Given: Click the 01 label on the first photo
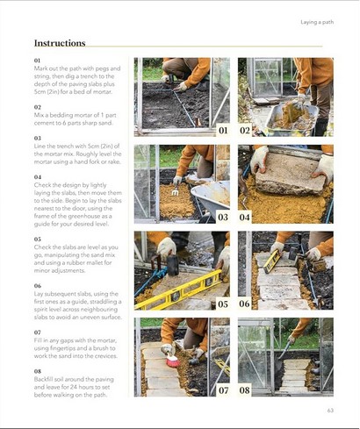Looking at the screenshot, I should [223, 131].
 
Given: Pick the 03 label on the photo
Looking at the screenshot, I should [223, 217].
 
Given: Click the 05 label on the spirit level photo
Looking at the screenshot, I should [223, 304].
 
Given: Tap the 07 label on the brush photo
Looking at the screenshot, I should [223, 390].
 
